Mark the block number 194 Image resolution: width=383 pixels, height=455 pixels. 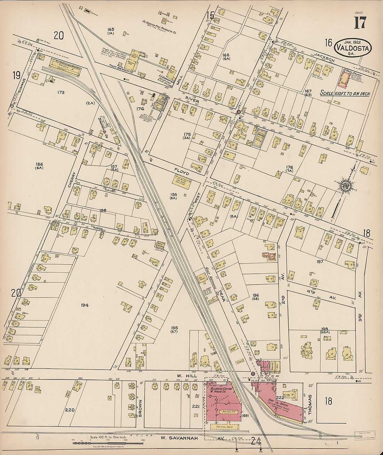point(84,305)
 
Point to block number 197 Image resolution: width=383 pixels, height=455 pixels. point(320,261)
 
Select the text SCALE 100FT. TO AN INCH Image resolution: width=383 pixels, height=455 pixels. point(345,93)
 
